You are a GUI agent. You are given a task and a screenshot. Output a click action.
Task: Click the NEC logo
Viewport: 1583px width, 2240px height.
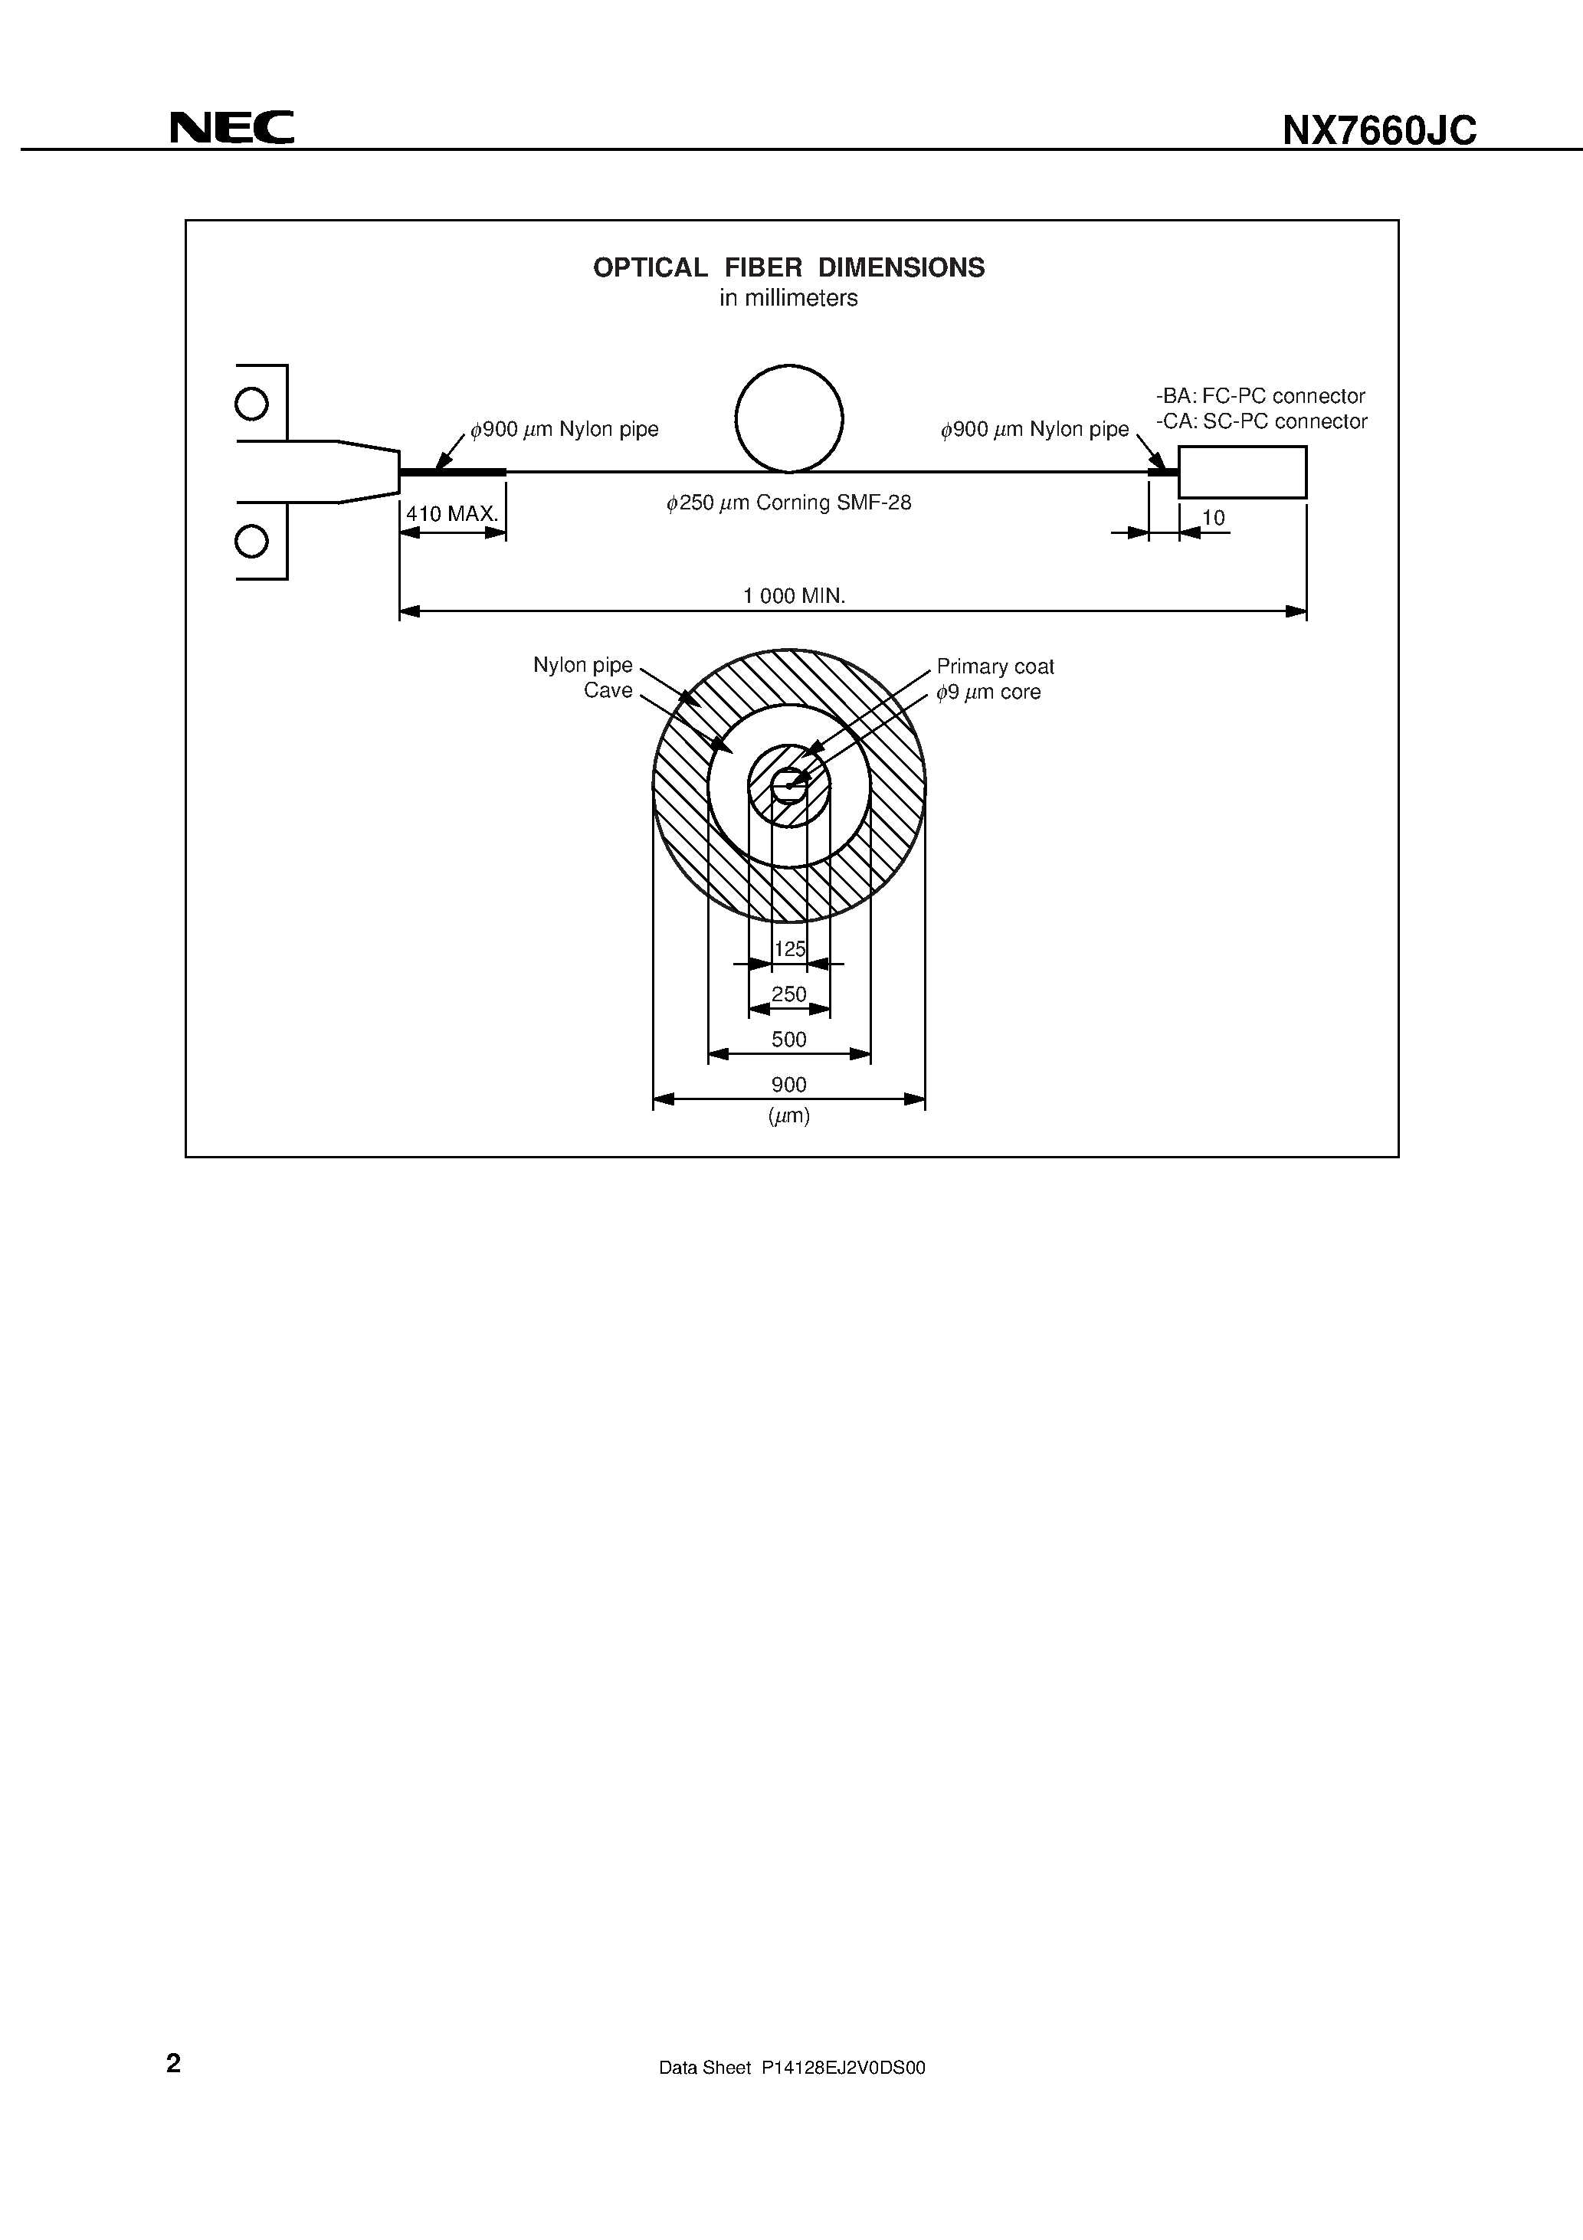pyautogui.click(x=231, y=128)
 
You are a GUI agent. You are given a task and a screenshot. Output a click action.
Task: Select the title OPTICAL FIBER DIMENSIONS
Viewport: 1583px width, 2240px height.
pyautogui.click(x=788, y=267)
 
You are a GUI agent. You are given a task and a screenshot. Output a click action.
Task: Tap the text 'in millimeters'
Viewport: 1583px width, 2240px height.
pyautogui.click(x=788, y=299)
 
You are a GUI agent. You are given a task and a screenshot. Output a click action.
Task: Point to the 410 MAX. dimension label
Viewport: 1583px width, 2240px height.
pyautogui.click(x=452, y=513)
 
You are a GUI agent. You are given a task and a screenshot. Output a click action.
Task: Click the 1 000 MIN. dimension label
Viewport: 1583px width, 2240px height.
pyautogui.click(x=794, y=596)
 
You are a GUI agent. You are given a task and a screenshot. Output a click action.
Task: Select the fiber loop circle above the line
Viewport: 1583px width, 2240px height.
pyautogui.click(x=788, y=418)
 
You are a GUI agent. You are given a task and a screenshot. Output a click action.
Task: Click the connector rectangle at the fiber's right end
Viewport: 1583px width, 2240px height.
pyautogui.click(x=1241, y=472)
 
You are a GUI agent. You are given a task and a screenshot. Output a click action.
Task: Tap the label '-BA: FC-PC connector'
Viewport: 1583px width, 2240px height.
pyautogui.click(x=1260, y=396)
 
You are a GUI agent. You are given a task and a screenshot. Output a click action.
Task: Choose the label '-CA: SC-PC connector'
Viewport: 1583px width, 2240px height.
pyautogui.click(x=1261, y=421)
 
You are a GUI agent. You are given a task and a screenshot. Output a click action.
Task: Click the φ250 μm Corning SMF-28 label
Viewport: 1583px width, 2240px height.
pyautogui.click(x=788, y=503)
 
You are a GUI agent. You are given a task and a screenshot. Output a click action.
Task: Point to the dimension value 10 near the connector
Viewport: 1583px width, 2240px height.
pyautogui.click(x=1213, y=518)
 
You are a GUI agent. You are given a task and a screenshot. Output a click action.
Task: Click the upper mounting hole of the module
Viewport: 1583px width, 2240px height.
pyautogui.click(x=252, y=404)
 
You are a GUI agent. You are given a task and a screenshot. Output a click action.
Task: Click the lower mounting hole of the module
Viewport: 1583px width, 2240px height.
pyautogui.click(x=252, y=541)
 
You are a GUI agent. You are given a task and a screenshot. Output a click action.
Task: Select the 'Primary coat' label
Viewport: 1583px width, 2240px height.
pyautogui.click(x=995, y=666)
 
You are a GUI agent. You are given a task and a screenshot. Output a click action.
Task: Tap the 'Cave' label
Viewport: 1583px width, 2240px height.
pyautogui.click(x=608, y=691)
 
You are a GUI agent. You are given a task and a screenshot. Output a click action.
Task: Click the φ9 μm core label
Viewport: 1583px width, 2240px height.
pyautogui.click(x=988, y=693)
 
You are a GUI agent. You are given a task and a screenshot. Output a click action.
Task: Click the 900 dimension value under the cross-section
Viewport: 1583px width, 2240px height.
pyautogui.click(x=788, y=1085)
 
